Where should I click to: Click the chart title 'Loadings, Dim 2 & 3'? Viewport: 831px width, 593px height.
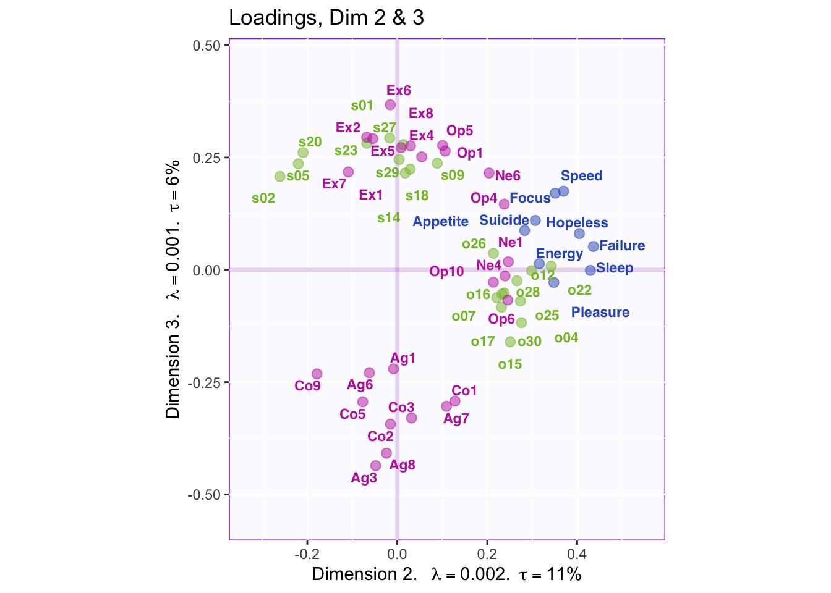point(326,18)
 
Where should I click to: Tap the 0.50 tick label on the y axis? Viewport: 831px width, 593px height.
point(208,46)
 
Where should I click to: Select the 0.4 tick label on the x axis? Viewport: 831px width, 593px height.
point(577,553)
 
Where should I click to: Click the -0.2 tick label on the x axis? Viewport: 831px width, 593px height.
point(307,553)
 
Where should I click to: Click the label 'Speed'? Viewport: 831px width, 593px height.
point(581,176)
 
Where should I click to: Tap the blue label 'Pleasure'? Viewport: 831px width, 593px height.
point(600,313)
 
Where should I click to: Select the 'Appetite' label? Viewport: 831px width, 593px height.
point(440,222)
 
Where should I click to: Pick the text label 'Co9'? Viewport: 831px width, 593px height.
point(307,386)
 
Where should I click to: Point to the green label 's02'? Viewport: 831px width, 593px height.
point(263,198)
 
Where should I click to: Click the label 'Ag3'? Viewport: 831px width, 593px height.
point(364,478)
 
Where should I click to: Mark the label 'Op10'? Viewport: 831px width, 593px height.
point(446,272)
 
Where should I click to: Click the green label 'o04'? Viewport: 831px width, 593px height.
point(566,338)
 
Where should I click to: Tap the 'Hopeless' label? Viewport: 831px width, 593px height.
point(577,223)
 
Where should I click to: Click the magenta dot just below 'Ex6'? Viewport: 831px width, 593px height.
point(390,105)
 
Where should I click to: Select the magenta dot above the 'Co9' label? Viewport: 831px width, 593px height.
point(317,374)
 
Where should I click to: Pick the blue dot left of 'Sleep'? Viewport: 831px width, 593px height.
point(590,270)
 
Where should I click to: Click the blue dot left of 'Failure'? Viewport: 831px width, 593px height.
point(593,246)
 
